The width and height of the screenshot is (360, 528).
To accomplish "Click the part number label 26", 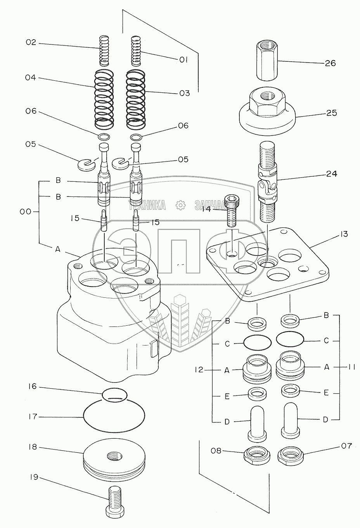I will [x=330, y=63].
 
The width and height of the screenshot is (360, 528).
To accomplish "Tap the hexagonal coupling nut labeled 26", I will [x=267, y=62].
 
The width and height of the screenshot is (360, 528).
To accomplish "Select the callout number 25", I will [x=332, y=113].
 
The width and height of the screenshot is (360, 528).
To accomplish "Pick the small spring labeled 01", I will [x=135, y=50].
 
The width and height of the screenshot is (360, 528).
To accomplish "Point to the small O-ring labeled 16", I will [x=114, y=394].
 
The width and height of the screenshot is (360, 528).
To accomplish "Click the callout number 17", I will [x=33, y=417].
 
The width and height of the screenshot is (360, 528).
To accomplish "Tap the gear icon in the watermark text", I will [x=180, y=205].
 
